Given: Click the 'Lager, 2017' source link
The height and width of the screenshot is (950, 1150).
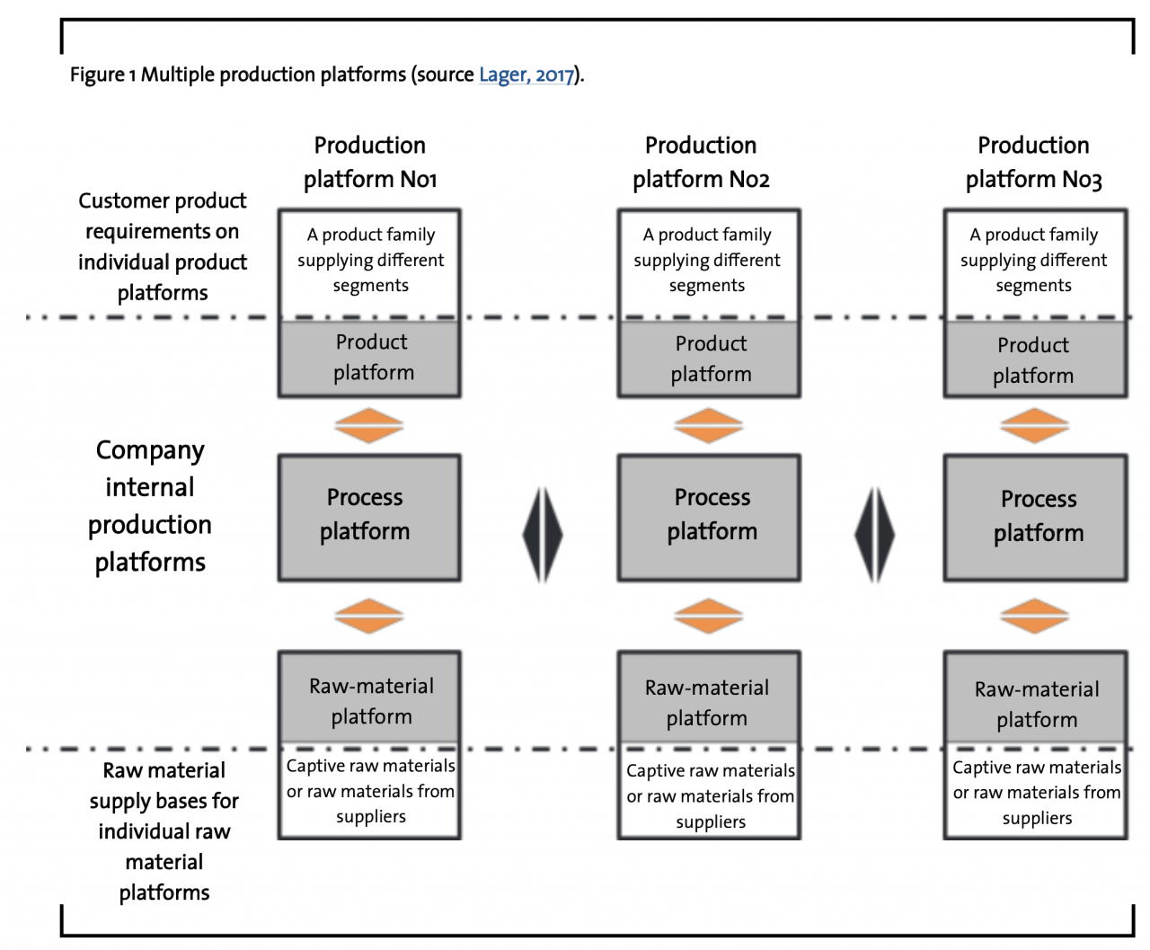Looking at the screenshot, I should pos(526,75).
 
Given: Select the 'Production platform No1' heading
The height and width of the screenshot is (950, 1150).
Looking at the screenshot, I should pos(370,162).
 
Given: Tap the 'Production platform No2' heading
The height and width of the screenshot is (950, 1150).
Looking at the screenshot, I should pos(701,162).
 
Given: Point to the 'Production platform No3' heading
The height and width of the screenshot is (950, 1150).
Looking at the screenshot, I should pos(1033,162).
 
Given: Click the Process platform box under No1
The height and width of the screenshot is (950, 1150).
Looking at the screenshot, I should pos(369,518).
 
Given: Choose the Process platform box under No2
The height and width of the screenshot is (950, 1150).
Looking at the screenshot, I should pos(709,518).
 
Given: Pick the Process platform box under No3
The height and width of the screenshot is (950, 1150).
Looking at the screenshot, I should pos(1035,518).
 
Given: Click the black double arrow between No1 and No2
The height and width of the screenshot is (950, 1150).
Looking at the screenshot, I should pos(543,535).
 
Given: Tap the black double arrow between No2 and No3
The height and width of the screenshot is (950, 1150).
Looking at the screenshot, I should pos(874,535).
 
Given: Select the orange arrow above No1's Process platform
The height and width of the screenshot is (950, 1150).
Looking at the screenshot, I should pos(369,426).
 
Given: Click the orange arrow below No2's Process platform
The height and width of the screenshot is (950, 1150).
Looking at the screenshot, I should pos(708,617).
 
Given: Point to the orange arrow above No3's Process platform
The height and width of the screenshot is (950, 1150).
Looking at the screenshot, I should pos(1034,426).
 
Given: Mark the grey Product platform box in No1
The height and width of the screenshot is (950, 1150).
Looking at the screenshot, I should pos(369,358).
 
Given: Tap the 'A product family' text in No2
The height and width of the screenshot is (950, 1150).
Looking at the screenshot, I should pos(707,235).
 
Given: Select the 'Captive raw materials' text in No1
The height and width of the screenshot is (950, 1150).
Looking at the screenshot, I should pos(370,766).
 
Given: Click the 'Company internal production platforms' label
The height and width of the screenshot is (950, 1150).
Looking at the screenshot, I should pos(150,506).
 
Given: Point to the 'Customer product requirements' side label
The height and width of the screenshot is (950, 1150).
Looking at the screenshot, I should pos(163,246).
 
